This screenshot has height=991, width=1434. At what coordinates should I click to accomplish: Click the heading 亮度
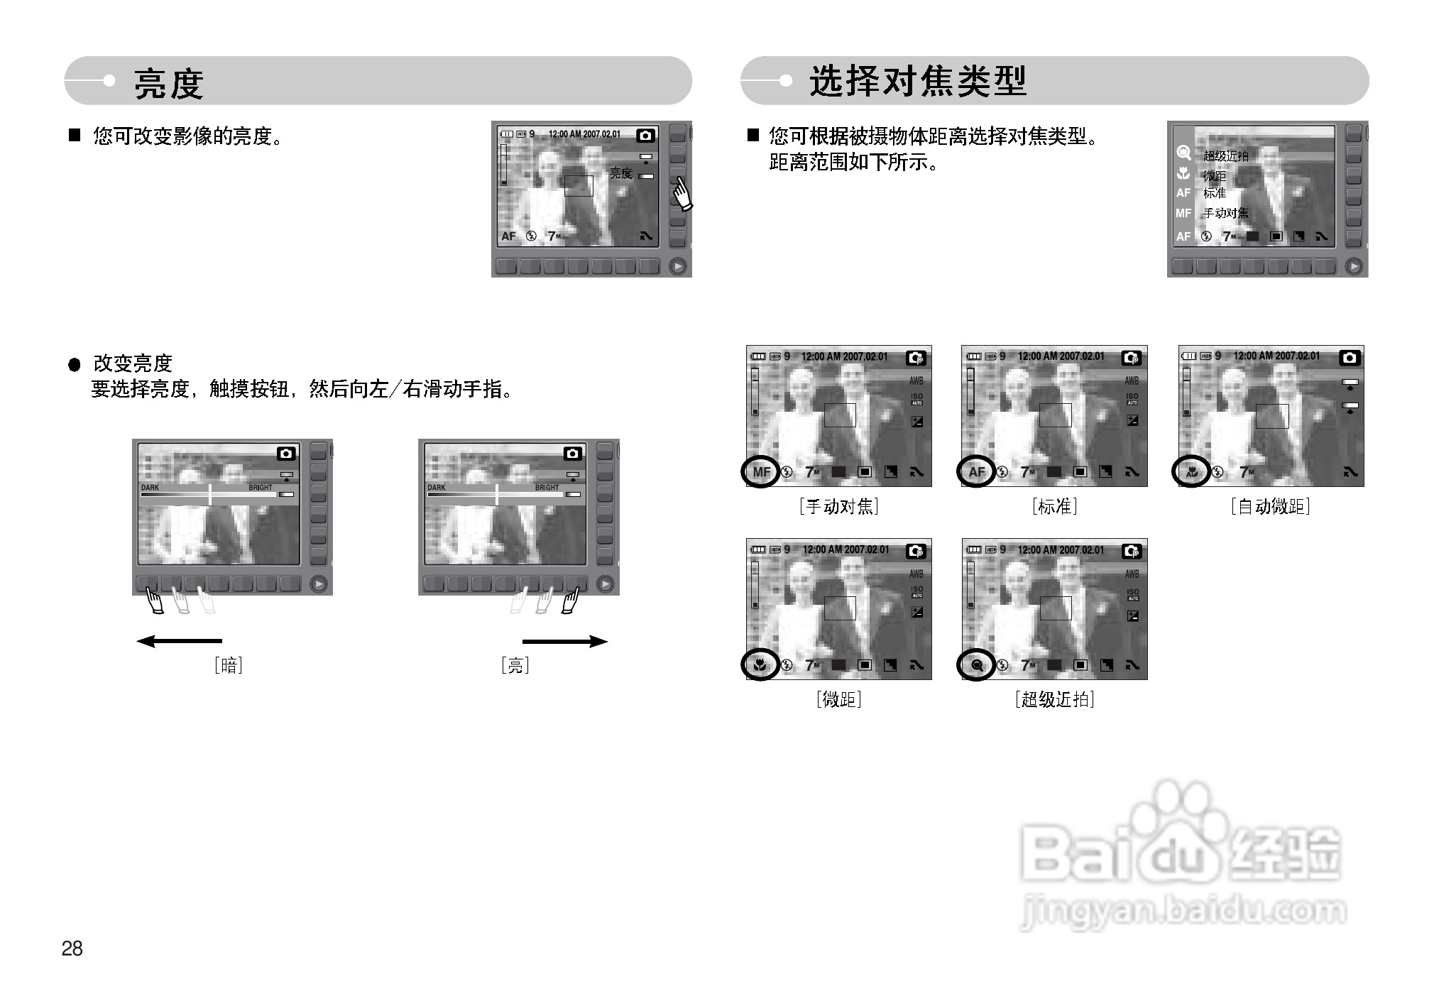click(169, 83)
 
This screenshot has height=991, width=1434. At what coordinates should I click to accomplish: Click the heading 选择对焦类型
click(918, 81)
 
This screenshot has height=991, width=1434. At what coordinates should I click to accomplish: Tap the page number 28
click(72, 948)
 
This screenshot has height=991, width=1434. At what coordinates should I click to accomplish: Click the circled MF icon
click(761, 472)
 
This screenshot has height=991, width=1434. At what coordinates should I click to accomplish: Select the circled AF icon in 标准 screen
click(977, 472)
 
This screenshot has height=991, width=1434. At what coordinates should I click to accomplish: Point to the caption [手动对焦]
click(838, 506)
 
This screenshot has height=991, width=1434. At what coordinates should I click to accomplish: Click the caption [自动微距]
click(1270, 506)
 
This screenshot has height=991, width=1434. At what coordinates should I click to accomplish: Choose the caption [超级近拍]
click(1054, 699)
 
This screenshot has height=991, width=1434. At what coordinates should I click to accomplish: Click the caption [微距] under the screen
click(838, 699)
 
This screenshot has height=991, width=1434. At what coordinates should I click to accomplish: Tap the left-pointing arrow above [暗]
click(179, 642)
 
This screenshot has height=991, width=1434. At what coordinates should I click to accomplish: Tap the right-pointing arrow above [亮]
click(565, 642)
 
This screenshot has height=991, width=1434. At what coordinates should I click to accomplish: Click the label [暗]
click(229, 665)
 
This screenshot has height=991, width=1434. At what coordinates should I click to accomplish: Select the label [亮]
click(515, 665)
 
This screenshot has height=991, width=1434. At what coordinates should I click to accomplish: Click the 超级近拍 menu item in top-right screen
click(1225, 155)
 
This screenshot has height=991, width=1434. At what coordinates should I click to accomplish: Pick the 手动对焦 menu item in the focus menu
click(1225, 213)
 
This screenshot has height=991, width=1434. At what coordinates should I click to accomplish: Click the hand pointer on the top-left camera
click(682, 194)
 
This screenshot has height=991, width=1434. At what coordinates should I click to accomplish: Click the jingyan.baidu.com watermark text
click(1183, 911)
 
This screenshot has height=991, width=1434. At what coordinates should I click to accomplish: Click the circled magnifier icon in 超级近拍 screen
click(977, 665)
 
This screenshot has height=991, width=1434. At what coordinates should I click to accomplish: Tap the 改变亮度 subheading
click(133, 363)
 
